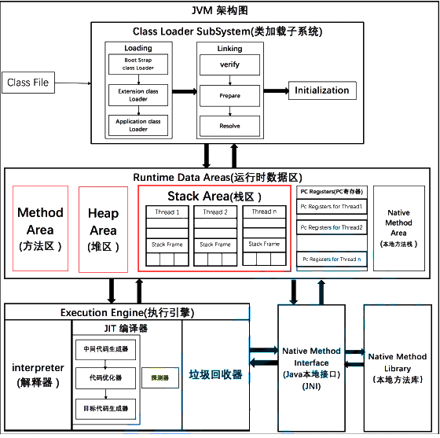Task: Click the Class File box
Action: [x=28, y=83]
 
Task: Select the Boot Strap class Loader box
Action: [x=139, y=64]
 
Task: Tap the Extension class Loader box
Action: [x=139, y=95]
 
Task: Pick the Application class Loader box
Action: [x=139, y=125]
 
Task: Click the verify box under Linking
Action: [x=229, y=65]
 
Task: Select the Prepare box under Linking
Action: [x=229, y=96]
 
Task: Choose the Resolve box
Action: [x=229, y=126]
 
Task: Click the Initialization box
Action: [x=322, y=90]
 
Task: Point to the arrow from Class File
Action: [x=79, y=83]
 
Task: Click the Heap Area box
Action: [x=103, y=229]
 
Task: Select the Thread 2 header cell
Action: [x=215, y=212]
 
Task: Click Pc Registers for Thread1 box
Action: [x=331, y=206]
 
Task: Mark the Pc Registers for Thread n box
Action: [x=331, y=259]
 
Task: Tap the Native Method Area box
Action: [x=398, y=228]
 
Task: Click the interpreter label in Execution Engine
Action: [x=38, y=374]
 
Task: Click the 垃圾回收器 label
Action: [x=216, y=374]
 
